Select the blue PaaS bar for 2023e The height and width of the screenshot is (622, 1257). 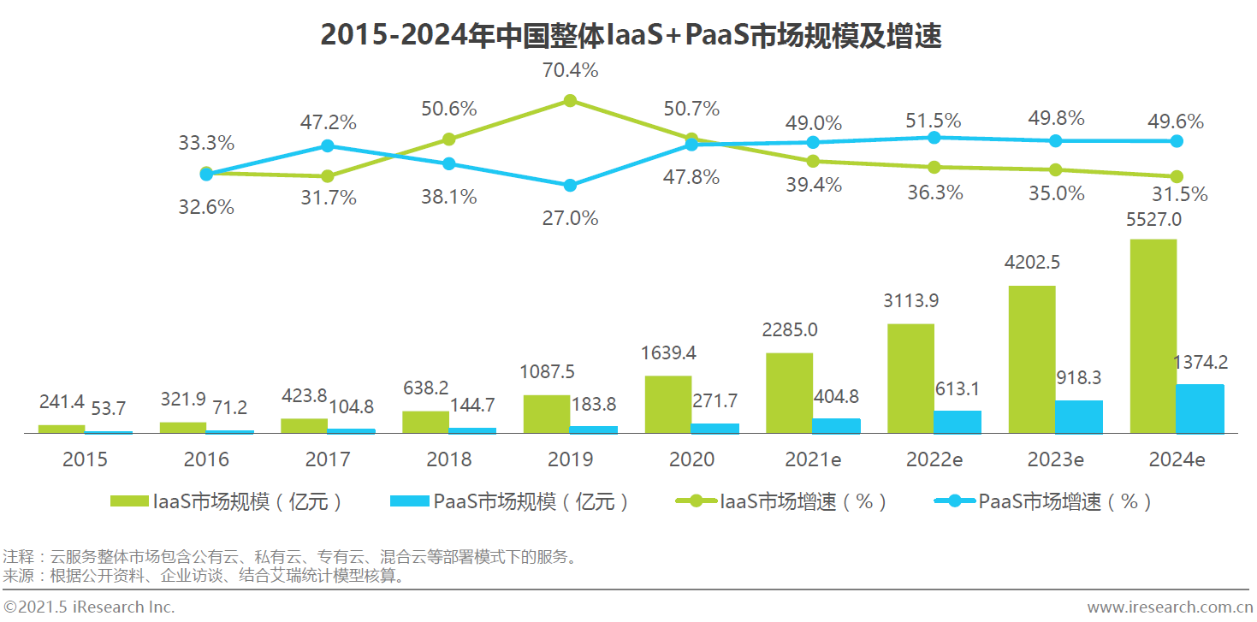coord(1079,417)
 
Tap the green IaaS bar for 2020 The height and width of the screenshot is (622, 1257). coord(667,404)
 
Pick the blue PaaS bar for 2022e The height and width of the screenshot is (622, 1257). coord(958,422)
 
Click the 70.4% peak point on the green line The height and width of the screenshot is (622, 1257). coord(570,100)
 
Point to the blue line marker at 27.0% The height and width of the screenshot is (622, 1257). coord(570,186)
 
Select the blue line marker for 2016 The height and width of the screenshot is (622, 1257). coord(327,146)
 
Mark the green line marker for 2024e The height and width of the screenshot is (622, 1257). coord(1177,176)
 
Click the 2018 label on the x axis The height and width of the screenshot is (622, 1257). coord(448,459)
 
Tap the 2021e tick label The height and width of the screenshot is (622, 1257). coord(813,459)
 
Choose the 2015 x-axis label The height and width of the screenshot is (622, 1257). coord(85,459)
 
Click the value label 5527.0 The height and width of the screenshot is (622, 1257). coord(1153,220)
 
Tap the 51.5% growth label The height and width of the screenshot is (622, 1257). coord(934,121)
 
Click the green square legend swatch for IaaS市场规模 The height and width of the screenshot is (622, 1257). coord(128,501)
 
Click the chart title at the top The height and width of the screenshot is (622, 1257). coord(631,36)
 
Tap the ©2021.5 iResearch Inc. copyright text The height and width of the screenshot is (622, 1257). coord(89,607)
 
